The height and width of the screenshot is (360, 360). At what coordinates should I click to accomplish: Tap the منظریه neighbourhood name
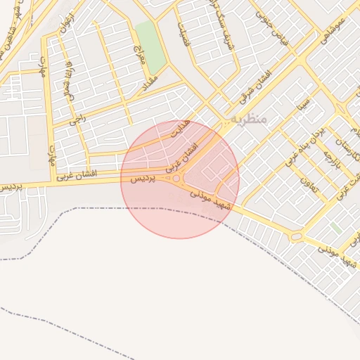point(248,120)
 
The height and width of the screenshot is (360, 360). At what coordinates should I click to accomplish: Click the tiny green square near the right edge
point(337,229)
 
